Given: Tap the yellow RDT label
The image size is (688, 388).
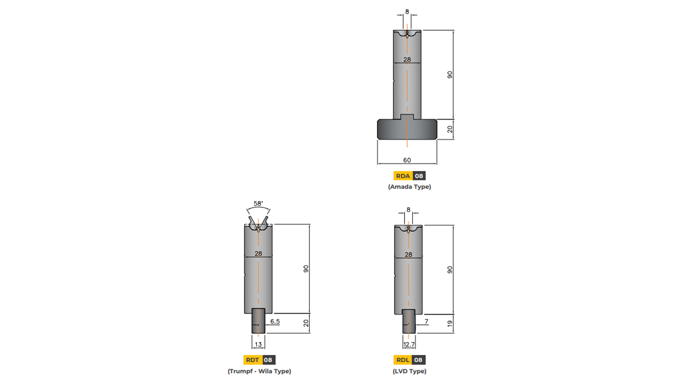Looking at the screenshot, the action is click(x=253, y=360).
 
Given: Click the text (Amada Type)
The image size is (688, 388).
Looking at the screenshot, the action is click(x=409, y=187).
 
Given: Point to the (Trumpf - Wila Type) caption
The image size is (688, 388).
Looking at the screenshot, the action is click(x=259, y=371).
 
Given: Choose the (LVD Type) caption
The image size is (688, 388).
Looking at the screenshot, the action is click(x=409, y=371).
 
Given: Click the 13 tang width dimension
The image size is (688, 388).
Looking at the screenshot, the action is click(x=258, y=344).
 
